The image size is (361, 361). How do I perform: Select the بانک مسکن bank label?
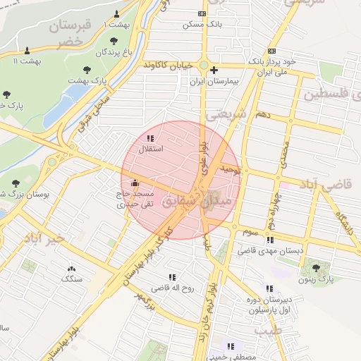pyautogui.click(x=202, y=24)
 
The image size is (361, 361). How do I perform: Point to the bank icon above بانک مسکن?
pyautogui.click(x=202, y=13)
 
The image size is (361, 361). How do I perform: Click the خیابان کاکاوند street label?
pyautogui.click(x=169, y=64)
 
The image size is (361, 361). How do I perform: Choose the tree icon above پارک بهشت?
pyautogui.click(x=87, y=70)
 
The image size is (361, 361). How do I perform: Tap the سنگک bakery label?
pyautogui.click(x=71, y=279)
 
